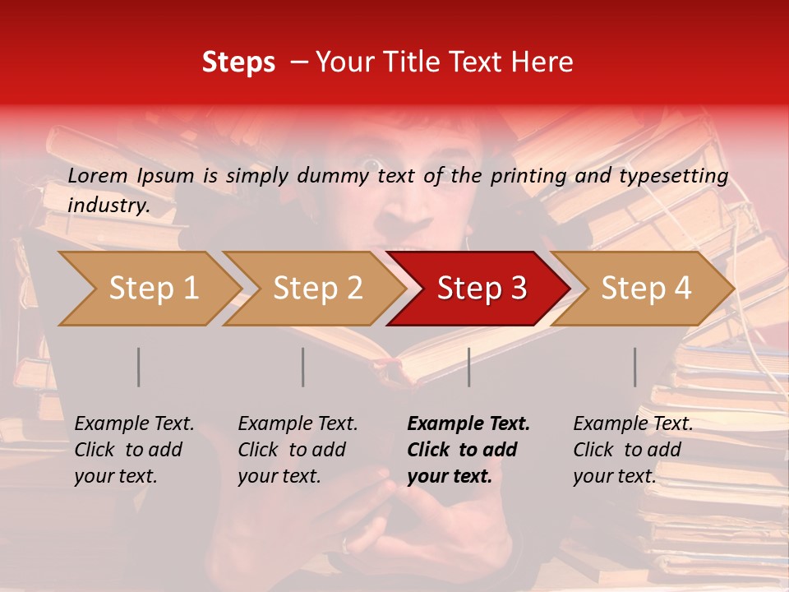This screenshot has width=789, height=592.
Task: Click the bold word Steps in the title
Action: (x=238, y=62)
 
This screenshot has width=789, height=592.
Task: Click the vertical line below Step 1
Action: (x=139, y=367)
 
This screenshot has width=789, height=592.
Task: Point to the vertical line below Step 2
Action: (x=303, y=367)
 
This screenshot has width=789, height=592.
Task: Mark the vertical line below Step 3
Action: (x=468, y=367)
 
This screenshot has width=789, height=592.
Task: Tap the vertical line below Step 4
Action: (x=634, y=367)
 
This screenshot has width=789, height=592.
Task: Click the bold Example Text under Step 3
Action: (x=468, y=423)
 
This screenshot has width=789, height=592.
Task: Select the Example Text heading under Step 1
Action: (x=134, y=423)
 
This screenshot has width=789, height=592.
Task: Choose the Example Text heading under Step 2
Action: (x=298, y=423)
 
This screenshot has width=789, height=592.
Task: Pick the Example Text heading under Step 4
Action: (x=633, y=423)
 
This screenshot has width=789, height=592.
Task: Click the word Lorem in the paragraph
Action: (x=98, y=175)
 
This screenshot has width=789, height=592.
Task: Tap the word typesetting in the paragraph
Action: (x=673, y=175)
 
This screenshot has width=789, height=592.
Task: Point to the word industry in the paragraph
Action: (x=108, y=205)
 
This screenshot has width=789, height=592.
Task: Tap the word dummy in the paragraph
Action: (x=333, y=175)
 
